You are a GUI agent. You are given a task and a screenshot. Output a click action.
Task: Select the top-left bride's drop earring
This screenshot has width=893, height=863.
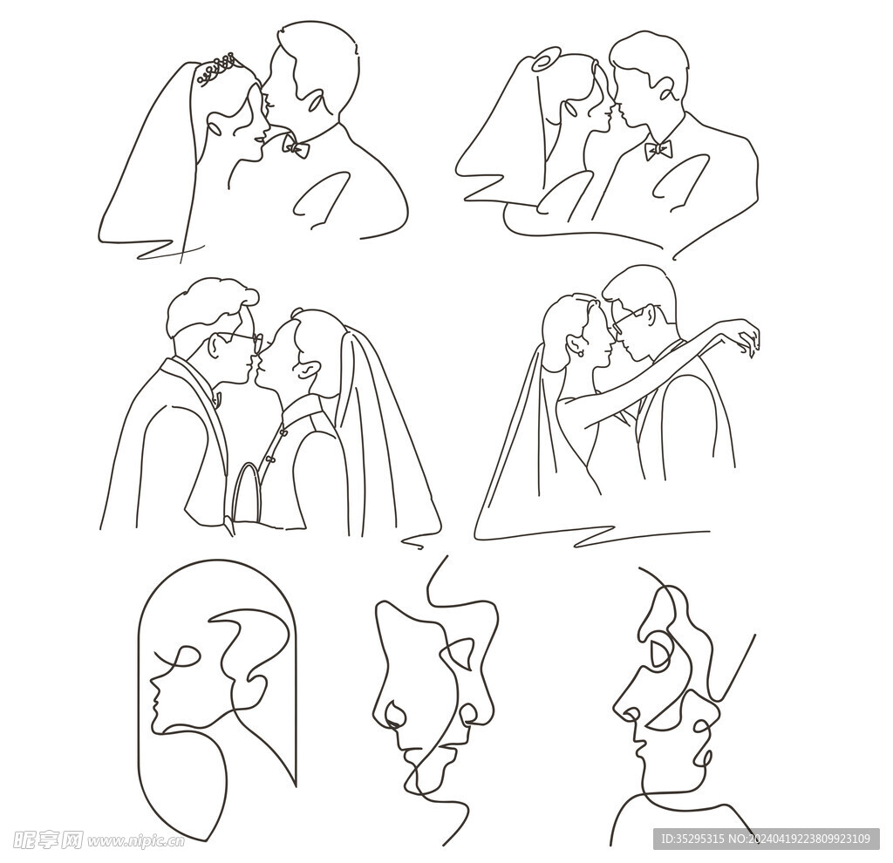pyautogui.click(x=215, y=129)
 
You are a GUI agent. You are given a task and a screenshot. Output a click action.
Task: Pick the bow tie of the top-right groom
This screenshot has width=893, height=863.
pyautogui.click(x=658, y=150)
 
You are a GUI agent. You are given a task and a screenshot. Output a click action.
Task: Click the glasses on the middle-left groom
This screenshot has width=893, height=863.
pyautogui.click(x=241, y=340)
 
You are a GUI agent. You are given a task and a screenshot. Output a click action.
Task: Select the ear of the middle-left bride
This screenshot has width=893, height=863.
pyautogui.click(x=305, y=370)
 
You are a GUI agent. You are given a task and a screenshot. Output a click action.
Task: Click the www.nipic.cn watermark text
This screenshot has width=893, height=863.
pyautogui.click(x=135, y=841)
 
